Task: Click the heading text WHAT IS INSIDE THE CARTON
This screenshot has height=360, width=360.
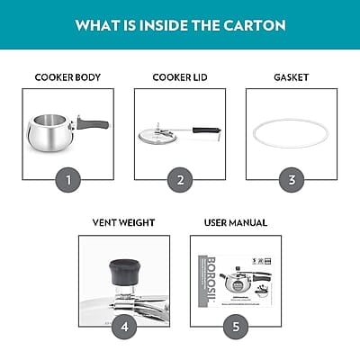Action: pos(180,23)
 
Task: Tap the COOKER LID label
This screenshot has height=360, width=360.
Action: pos(180,77)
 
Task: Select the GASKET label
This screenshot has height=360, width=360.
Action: pos(292,77)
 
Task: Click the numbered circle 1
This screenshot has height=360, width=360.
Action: pos(67,179)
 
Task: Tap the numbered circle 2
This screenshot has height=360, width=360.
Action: pos(180,179)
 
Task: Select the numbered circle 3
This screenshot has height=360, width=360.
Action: pos(292,179)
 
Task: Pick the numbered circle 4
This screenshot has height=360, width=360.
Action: pos(123,326)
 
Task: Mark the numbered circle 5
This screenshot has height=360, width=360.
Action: pos(236,326)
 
